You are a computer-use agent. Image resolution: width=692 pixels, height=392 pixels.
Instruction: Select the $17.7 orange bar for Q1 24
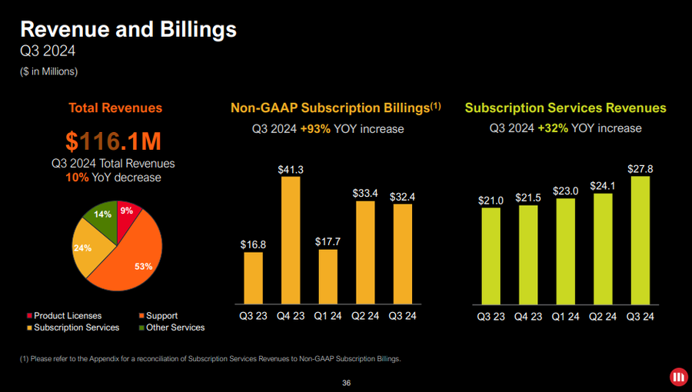pos(328,276)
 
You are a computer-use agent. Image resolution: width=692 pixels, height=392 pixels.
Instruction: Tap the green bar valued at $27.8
pos(640,240)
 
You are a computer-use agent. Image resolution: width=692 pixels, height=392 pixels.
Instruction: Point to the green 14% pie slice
pos(102,216)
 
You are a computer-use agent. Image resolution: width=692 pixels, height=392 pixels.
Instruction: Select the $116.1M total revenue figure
pos(113,141)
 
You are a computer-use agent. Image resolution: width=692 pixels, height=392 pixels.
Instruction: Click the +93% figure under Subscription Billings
pos(316,128)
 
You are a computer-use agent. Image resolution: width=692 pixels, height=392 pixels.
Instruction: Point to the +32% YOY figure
pos(553,128)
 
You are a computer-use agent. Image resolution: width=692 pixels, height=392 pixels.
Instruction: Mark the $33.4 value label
pos(365,193)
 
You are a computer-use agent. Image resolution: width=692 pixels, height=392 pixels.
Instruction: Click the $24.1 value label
pos(603,185)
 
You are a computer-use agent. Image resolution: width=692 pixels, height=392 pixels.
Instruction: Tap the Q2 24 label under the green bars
pos(603,317)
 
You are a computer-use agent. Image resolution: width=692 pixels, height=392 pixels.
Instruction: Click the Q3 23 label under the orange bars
pos(253,317)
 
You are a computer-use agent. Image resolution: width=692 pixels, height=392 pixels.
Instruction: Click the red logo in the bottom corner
pos(677,377)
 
